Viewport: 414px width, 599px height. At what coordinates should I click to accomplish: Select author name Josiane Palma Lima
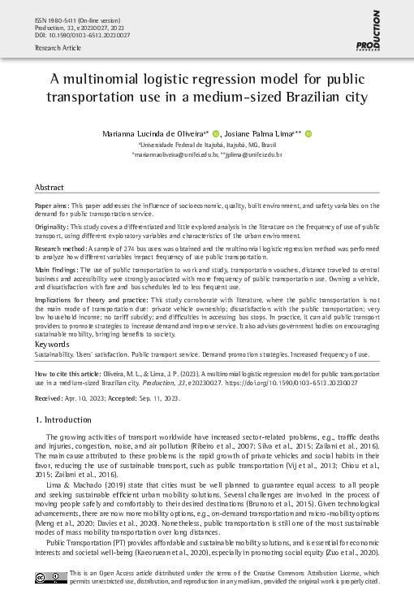pyautogui.click(x=263, y=133)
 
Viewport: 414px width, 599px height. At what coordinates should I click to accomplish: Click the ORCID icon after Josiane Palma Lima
pyautogui.click(x=309, y=133)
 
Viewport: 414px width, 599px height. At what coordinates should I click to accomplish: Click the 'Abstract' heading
pyautogui.click(x=50, y=187)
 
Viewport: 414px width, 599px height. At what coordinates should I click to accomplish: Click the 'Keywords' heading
pyautogui.click(x=52, y=345)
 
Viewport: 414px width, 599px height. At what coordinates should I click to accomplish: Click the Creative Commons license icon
pyautogui.click(x=50, y=578)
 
